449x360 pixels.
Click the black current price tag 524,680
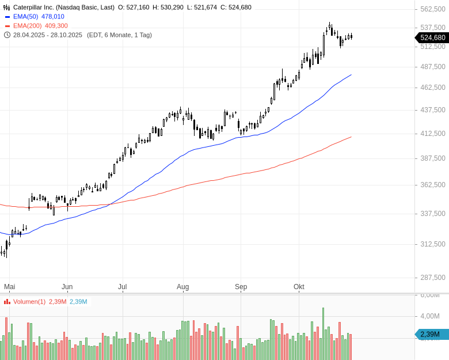[432, 37]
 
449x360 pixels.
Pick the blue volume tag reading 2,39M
[431, 334]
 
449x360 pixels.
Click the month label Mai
[9, 286]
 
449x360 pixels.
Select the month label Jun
[67, 286]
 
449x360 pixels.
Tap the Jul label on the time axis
[122, 286]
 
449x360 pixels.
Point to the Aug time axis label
[183, 286]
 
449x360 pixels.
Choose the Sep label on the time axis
[241, 286]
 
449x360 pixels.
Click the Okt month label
[299, 286]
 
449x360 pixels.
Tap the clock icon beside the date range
[7, 35]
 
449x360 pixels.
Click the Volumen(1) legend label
[29, 302]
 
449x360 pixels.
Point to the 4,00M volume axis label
[430, 316]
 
